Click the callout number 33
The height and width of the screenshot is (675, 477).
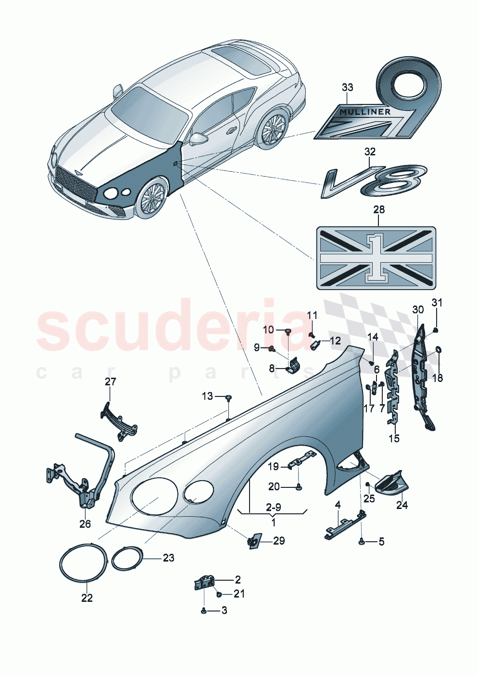(347, 87)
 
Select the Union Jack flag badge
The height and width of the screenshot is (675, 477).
(376, 258)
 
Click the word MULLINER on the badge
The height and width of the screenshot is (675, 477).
(365, 112)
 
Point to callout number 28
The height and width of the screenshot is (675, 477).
(378, 210)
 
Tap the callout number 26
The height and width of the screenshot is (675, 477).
(85, 524)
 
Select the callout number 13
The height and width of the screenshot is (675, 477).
(207, 396)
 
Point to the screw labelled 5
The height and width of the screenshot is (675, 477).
(361, 542)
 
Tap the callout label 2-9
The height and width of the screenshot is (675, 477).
(273, 507)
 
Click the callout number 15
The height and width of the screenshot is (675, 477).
(394, 438)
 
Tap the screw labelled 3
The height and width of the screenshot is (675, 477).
(204, 610)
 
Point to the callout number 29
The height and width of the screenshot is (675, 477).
(278, 541)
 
